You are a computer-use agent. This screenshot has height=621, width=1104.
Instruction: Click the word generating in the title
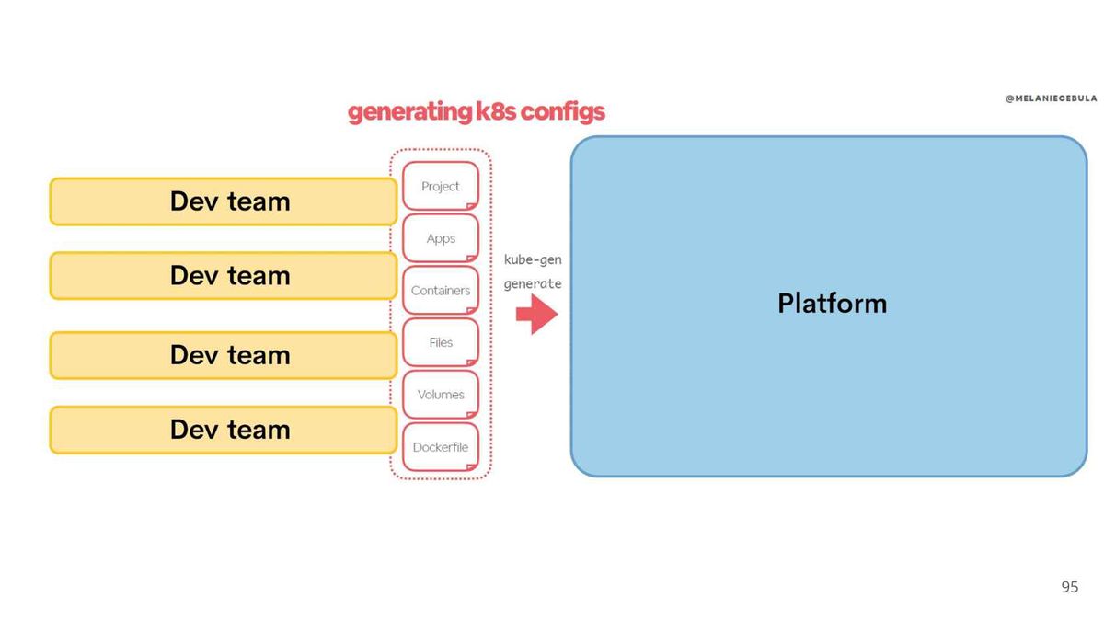coord(410,112)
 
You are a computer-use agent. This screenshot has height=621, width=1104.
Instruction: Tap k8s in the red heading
coord(496,111)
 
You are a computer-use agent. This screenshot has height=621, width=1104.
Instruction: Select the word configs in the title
coord(563,112)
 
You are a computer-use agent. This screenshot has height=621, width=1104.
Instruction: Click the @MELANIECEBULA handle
coord(1052,98)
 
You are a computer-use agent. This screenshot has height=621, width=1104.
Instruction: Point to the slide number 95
coord(1069,587)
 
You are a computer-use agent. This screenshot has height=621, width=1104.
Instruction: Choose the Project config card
coord(441,186)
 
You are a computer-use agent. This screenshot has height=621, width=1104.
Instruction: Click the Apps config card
coord(441,238)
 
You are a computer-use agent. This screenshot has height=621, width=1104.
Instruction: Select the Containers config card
coord(441,291)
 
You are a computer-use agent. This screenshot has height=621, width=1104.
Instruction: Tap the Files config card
coord(441,342)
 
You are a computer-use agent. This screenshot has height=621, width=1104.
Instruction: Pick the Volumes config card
coord(441,395)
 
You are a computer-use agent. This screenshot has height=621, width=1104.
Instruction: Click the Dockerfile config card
coord(441,446)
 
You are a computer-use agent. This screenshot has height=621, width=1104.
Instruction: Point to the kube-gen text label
coord(533,259)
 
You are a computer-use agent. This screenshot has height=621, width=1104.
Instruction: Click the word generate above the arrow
coord(533,284)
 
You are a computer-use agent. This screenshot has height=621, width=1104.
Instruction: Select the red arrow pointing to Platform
coord(537,314)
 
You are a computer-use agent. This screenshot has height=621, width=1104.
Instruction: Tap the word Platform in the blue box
coord(833,303)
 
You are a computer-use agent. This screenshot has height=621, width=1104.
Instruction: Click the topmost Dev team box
coord(224,201)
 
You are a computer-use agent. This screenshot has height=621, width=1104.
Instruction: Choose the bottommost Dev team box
coord(224,430)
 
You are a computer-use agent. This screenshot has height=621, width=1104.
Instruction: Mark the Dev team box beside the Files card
coord(224,355)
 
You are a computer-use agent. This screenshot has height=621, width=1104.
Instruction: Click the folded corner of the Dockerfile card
coord(472,466)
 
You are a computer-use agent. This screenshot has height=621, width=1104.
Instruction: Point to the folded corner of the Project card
coord(472,206)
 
